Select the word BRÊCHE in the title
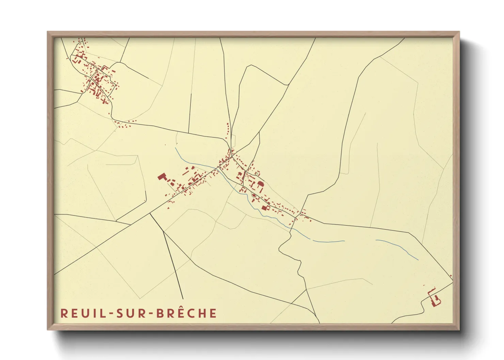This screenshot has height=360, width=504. tap(186, 313)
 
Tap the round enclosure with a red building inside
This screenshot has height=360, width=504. tap(254, 195)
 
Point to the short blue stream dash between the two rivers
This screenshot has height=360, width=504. tap(329, 241)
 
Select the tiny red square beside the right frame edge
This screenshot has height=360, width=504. tap(451, 276)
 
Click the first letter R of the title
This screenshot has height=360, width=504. tap(64, 313)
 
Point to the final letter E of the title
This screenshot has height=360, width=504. tap(213, 313)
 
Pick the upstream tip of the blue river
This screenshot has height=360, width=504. tap(175, 148)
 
